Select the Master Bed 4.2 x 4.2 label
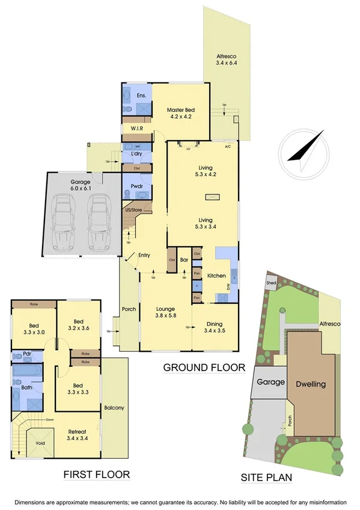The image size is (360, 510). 179,113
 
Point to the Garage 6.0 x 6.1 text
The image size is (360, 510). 80,185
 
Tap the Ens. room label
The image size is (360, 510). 142,96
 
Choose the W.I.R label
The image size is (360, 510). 135,129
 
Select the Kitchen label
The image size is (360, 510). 216,275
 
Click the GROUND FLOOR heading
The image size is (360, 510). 204,367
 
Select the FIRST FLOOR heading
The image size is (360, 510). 97,475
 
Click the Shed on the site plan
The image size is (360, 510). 271,284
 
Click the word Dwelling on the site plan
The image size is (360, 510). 310,384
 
